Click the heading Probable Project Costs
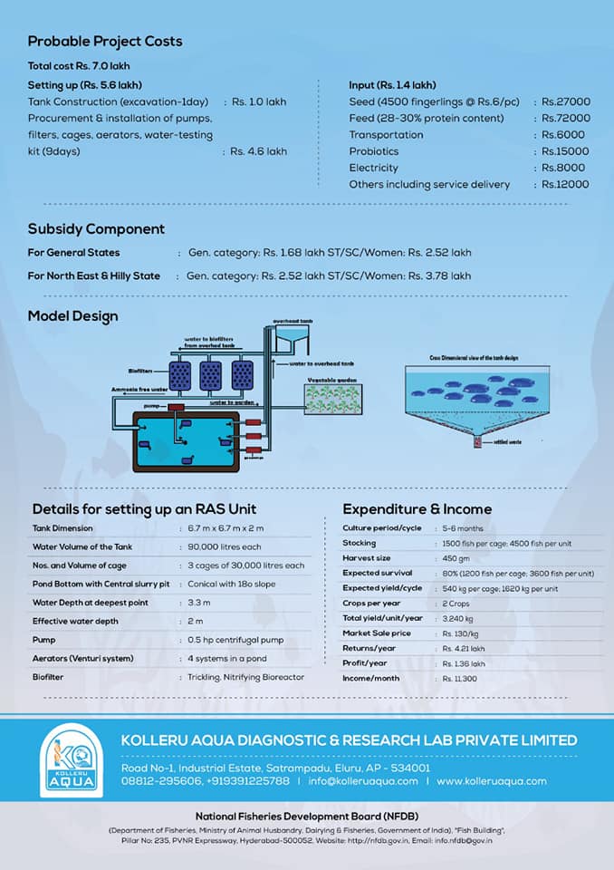pos(105,42)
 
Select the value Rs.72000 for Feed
pos(566,119)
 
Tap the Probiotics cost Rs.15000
pos(566,151)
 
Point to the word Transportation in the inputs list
pos(386,135)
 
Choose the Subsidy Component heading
pos(96,229)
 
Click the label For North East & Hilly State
pos(94,275)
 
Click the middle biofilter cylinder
pos(211,375)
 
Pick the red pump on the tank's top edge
pos(177,409)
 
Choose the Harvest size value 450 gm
pos(458,558)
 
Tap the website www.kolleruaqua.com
pos(491,781)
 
